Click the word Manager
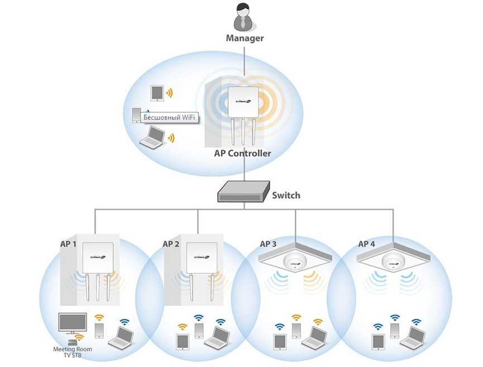click(245, 39)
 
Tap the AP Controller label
click(243, 153)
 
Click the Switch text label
click(286, 195)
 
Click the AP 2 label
click(171, 244)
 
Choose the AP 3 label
click(268, 244)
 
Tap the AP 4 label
click(366, 244)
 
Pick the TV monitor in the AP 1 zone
click(73, 323)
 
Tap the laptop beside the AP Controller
click(152, 137)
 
